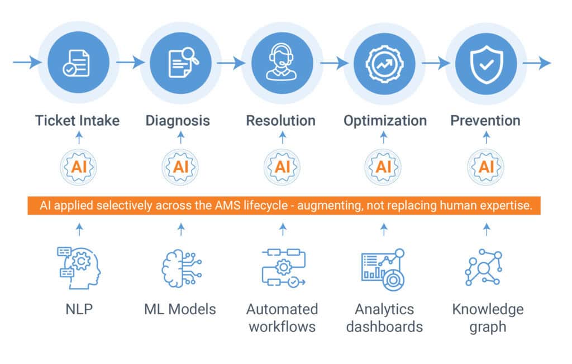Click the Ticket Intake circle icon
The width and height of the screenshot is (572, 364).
pos(78,63)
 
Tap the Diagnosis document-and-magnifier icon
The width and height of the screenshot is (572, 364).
pos(180,63)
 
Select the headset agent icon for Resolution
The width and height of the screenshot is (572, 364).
pos(282,63)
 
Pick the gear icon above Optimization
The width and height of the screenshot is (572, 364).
pos(384,63)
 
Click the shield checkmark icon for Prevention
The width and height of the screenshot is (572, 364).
pos(485,63)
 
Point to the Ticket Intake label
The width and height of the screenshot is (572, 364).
pos(77,120)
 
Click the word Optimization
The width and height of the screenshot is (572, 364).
pos(385,120)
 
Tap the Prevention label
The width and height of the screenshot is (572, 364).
pos(485,120)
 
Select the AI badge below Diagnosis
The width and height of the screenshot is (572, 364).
pos(180,166)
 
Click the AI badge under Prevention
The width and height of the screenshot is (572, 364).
pos(486,166)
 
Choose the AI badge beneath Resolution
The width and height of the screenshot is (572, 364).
pos(282,166)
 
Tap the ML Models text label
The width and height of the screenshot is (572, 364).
pos(180,309)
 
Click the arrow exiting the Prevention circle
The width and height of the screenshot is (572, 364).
pos(537,63)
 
